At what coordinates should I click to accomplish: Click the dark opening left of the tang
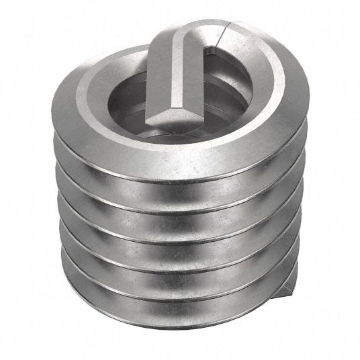[x=134, y=101]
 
